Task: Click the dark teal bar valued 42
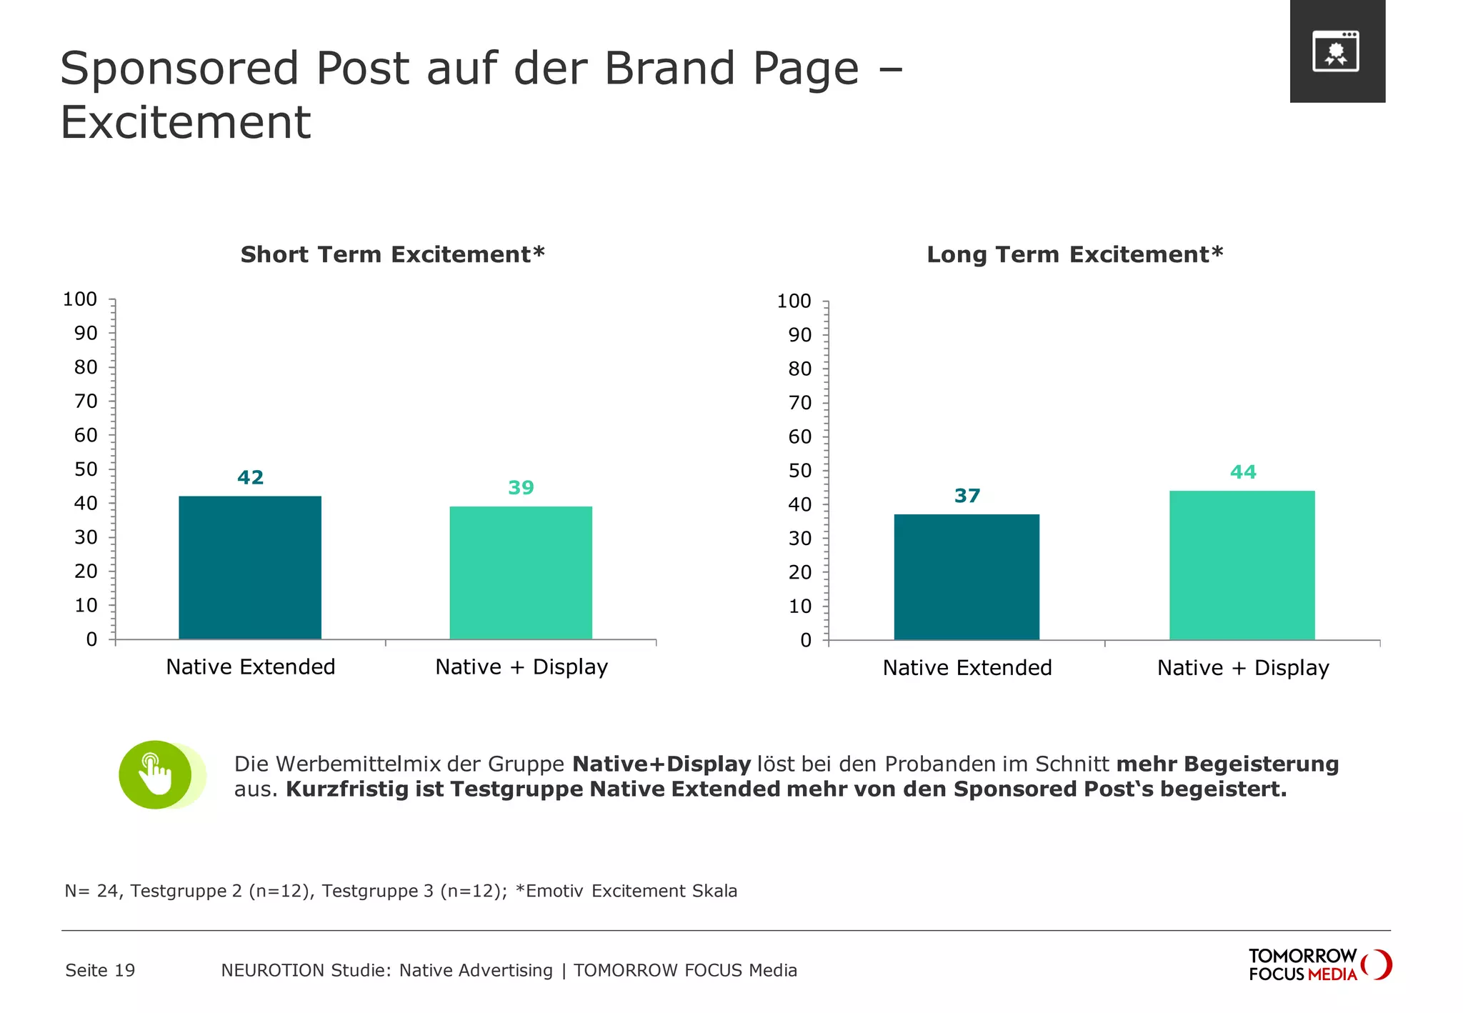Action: (250, 567)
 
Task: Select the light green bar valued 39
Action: (521, 572)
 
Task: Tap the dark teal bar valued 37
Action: (967, 577)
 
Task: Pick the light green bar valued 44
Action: (1242, 565)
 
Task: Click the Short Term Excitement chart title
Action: (392, 254)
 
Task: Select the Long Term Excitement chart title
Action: (1074, 254)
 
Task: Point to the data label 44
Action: (1243, 472)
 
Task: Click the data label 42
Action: (250, 477)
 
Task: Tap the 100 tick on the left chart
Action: (80, 299)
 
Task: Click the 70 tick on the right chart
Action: (800, 403)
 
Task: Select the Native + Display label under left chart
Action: (521, 667)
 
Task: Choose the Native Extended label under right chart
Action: (967, 668)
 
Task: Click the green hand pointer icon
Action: (156, 775)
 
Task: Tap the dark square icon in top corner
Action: (1337, 51)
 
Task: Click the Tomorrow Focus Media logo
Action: (1319, 965)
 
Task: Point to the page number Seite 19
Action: (100, 970)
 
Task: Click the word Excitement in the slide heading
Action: (186, 122)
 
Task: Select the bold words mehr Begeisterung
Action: (1227, 764)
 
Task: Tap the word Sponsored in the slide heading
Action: (179, 69)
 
